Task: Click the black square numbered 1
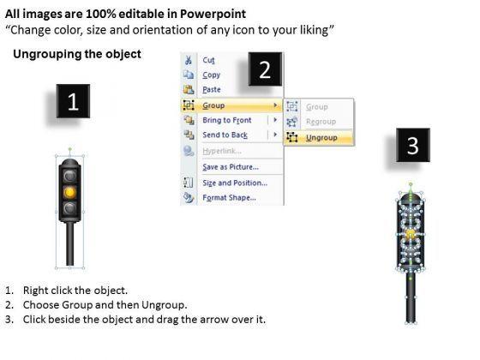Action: point(73,101)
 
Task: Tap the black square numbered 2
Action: point(265,69)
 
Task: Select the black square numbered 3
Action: point(413,145)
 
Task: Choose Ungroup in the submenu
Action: point(321,138)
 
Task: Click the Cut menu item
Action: point(208,60)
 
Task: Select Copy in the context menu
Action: point(211,75)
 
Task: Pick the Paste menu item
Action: point(212,90)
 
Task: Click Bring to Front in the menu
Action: point(227,120)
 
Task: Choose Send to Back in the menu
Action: point(225,135)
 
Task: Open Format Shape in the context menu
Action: point(230,198)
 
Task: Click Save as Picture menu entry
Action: point(231,167)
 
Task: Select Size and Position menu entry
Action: point(235,183)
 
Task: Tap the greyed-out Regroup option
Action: point(321,122)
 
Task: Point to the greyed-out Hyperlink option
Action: point(222,151)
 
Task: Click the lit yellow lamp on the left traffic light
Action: point(70,192)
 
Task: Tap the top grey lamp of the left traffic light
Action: point(70,176)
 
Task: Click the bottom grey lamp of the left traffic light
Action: point(70,208)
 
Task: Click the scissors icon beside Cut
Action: point(189,60)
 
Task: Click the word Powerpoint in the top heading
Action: point(213,14)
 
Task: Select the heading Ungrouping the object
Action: point(77,54)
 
